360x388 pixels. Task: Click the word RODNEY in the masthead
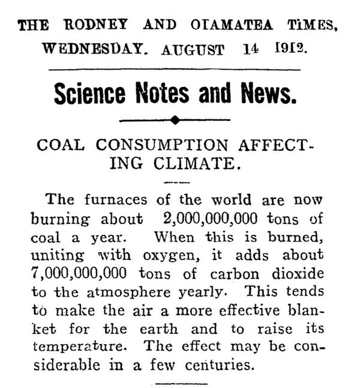[x=89, y=25]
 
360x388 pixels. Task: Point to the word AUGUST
[x=193, y=49]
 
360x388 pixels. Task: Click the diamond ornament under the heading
[x=175, y=120]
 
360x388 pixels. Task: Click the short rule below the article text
[x=178, y=381]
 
